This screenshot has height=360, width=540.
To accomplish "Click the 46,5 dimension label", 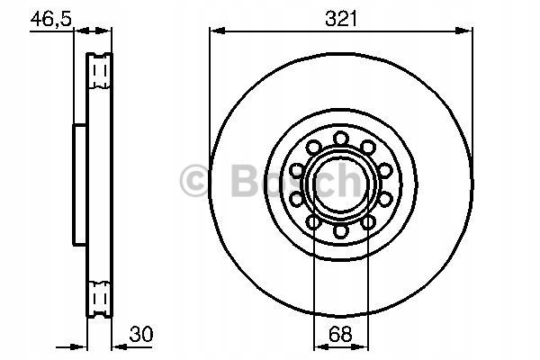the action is [x=51, y=19].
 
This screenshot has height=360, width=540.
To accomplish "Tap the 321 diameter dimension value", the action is [x=341, y=19].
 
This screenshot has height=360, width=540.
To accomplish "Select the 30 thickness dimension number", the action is [x=141, y=334].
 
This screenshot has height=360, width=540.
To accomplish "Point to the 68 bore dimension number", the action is [x=340, y=334].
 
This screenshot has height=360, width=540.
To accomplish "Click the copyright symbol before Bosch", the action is [x=193, y=181].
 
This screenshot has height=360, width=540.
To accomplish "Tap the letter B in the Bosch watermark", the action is [x=246, y=180].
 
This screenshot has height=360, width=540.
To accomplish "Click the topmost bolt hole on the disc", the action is [x=341, y=139].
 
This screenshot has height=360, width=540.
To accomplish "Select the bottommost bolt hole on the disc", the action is [x=341, y=230].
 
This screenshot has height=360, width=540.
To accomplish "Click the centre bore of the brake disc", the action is [x=341, y=184].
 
